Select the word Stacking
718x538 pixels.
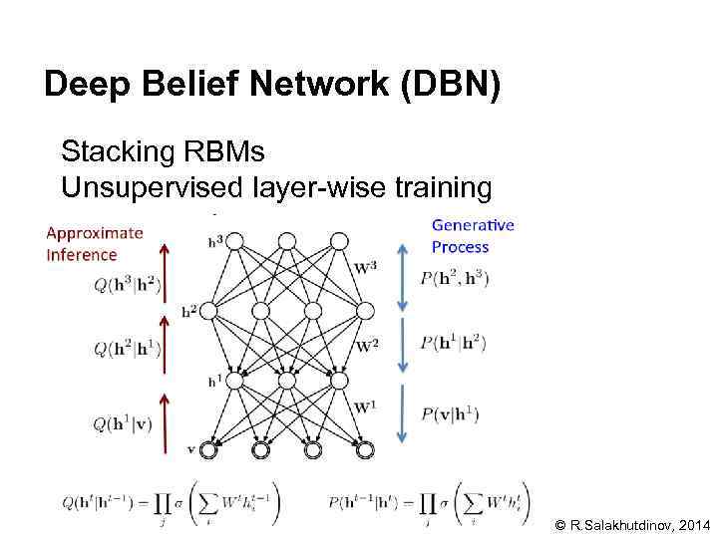pos(118,152)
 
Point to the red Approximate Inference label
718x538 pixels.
pos(95,244)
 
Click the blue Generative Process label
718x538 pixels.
pos(473,236)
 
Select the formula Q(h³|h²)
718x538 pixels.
pos(127,287)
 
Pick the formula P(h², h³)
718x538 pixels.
pos(455,278)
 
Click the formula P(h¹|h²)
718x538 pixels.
pos(453,342)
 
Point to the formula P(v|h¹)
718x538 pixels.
pos(448,414)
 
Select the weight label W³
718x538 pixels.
pos(366,266)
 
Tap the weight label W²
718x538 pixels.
pos(367,346)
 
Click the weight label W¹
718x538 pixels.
pos(366,406)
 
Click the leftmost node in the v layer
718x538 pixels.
pos(208,450)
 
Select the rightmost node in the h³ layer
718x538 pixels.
pos(339,240)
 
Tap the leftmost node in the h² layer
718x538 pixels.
pos(208,311)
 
